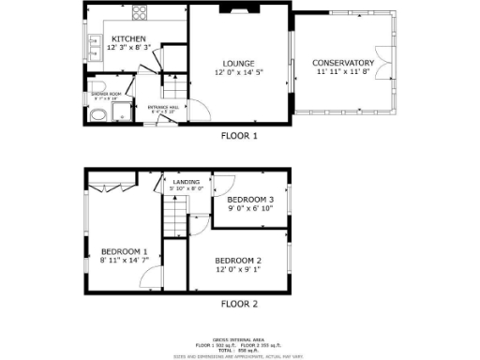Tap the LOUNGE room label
coord(238,63)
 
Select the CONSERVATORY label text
coord(343,63)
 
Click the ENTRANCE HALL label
coord(162,108)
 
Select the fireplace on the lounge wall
coord(238,10)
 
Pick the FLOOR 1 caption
coord(238,136)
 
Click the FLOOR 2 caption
coord(238,304)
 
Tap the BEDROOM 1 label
coord(125,251)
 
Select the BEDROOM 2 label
coord(238,260)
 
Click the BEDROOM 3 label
coord(251,200)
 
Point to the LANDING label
coord(186,182)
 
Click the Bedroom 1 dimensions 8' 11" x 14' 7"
coord(125,261)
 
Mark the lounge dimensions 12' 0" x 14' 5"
coord(238,73)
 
